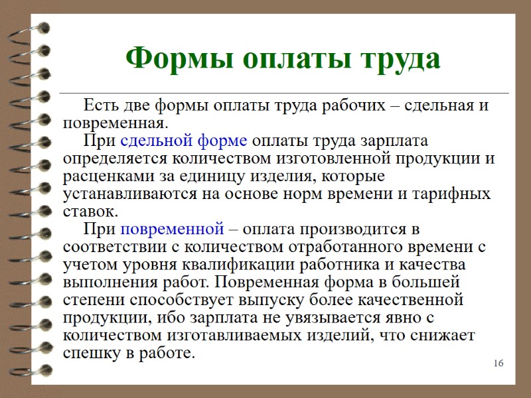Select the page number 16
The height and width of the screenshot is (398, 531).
(x=499, y=364)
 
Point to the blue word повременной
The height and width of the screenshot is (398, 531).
(x=172, y=230)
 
